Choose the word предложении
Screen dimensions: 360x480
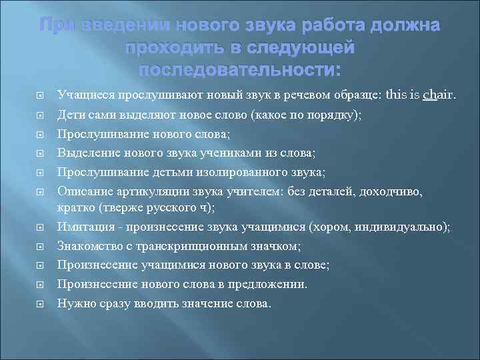tap(272, 283)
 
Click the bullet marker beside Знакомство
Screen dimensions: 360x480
tap(39, 247)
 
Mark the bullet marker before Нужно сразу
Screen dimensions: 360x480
tap(39, 303)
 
